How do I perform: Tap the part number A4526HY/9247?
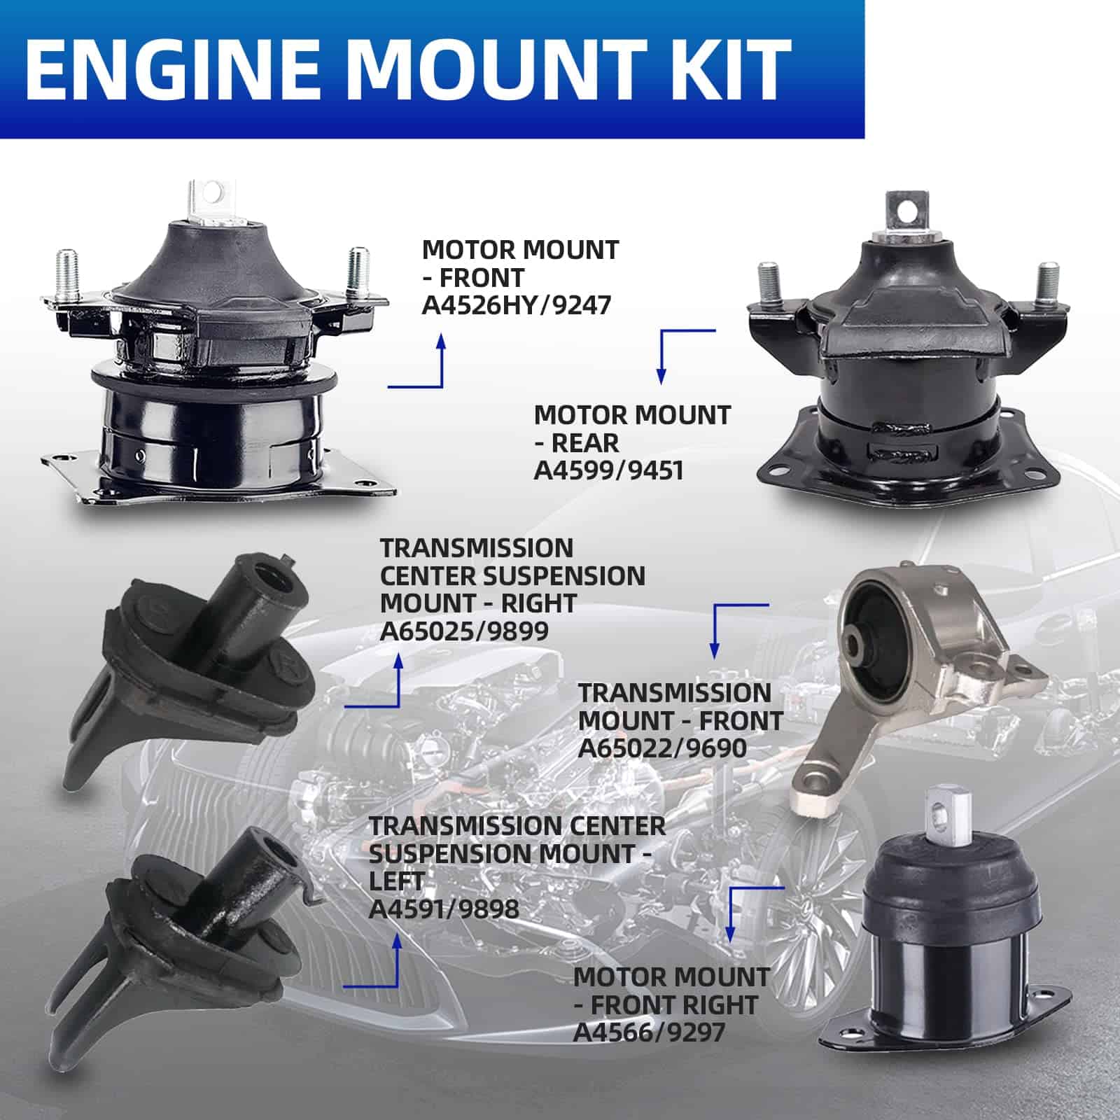point(517,305)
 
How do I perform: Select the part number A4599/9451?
point(608,470)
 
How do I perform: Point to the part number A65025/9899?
point(464,631)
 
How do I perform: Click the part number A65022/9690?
point(662,748)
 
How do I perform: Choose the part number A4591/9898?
point(444,909)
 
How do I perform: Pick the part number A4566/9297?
point(649,1032)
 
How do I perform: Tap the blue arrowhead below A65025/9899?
point(400,661)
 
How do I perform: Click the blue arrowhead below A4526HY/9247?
point(441,341)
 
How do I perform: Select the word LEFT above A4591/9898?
point(397,881)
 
